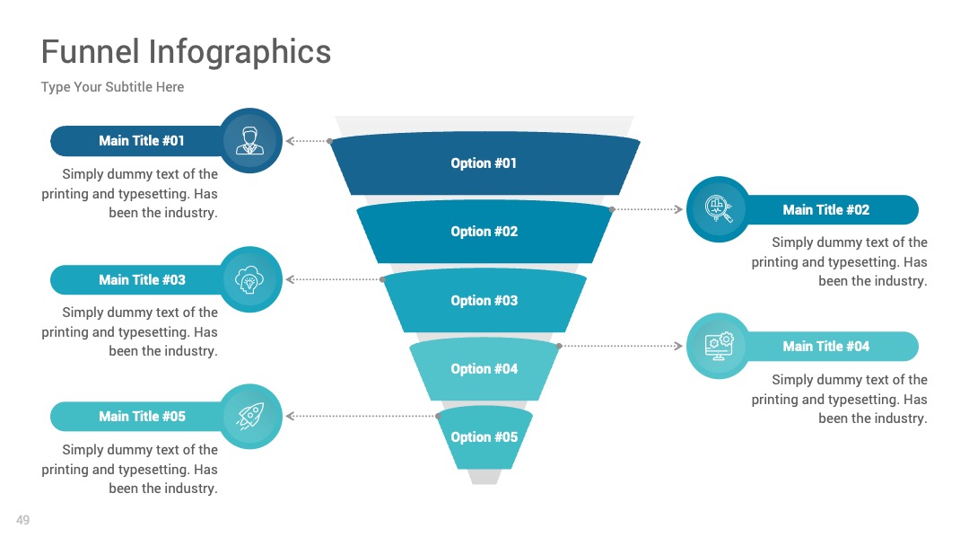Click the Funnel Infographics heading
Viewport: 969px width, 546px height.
186,52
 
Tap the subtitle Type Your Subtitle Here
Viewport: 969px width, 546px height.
112,87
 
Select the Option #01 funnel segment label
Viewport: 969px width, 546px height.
484,163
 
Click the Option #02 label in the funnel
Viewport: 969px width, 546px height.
484,232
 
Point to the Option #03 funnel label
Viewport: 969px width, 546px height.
484,301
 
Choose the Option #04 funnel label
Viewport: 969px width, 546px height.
484,368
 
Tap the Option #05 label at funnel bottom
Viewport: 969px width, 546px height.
484,437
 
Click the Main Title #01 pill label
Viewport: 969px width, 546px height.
142,141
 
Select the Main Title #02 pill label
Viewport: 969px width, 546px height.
825,210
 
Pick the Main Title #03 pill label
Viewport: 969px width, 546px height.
142,280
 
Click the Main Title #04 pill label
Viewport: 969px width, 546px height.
825,347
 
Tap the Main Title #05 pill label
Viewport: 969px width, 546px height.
142,417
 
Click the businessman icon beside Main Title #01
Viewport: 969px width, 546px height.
249,140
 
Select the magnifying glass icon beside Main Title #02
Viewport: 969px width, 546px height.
719,208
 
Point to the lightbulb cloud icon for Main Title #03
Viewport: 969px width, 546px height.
249,279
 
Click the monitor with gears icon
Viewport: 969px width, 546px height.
719,346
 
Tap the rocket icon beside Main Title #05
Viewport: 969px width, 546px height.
250,416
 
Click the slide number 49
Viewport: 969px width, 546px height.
22,520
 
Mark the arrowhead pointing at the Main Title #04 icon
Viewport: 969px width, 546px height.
678,346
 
